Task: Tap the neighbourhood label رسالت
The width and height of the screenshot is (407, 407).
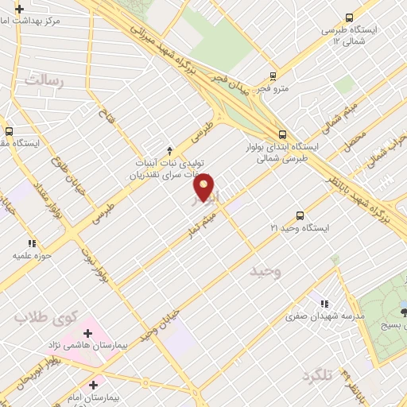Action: point(42,80)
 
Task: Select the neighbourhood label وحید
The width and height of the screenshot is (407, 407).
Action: point(266,273)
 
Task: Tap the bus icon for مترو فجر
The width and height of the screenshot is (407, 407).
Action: point(273,77)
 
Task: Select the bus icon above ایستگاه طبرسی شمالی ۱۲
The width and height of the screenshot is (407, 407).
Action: point(348,17)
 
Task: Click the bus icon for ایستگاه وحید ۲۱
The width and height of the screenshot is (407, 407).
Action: point(300,215)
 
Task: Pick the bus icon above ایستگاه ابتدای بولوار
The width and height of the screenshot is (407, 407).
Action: point(282,134)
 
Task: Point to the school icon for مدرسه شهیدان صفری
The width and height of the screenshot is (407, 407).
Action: point(323,302)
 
